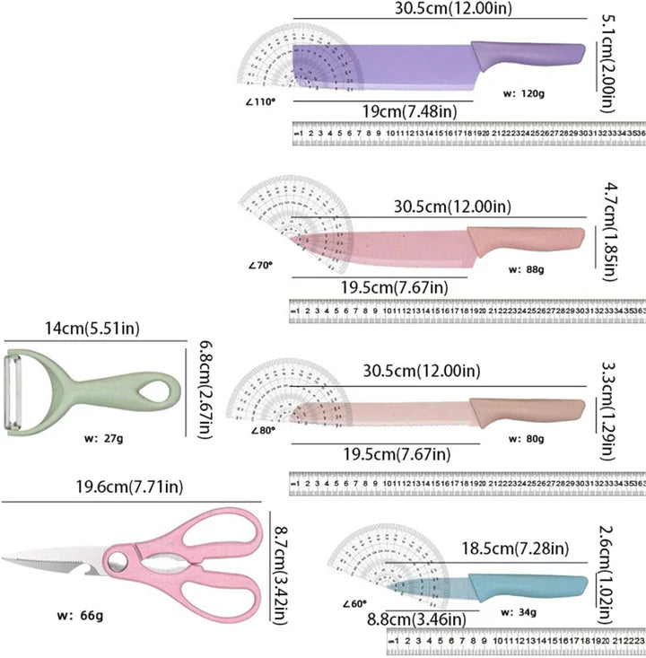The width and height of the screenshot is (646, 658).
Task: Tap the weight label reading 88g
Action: click(527, 268)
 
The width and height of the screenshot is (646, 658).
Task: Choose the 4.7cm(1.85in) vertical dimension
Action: click(608, 232)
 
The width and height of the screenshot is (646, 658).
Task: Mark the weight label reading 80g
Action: click(526, 439)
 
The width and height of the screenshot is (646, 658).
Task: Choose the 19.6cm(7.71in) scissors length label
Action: click(131, 487)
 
